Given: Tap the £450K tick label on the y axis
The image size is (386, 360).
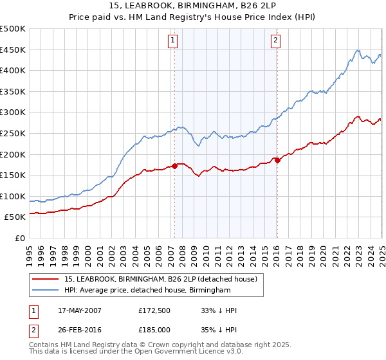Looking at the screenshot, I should pos(13,50).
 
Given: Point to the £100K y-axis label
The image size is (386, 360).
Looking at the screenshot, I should pos(13,197).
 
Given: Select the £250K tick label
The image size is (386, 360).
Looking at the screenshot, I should pos(13,134).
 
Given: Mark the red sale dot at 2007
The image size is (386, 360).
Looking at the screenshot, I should pos(174,166).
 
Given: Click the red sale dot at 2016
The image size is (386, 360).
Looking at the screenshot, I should pos(277,161).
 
